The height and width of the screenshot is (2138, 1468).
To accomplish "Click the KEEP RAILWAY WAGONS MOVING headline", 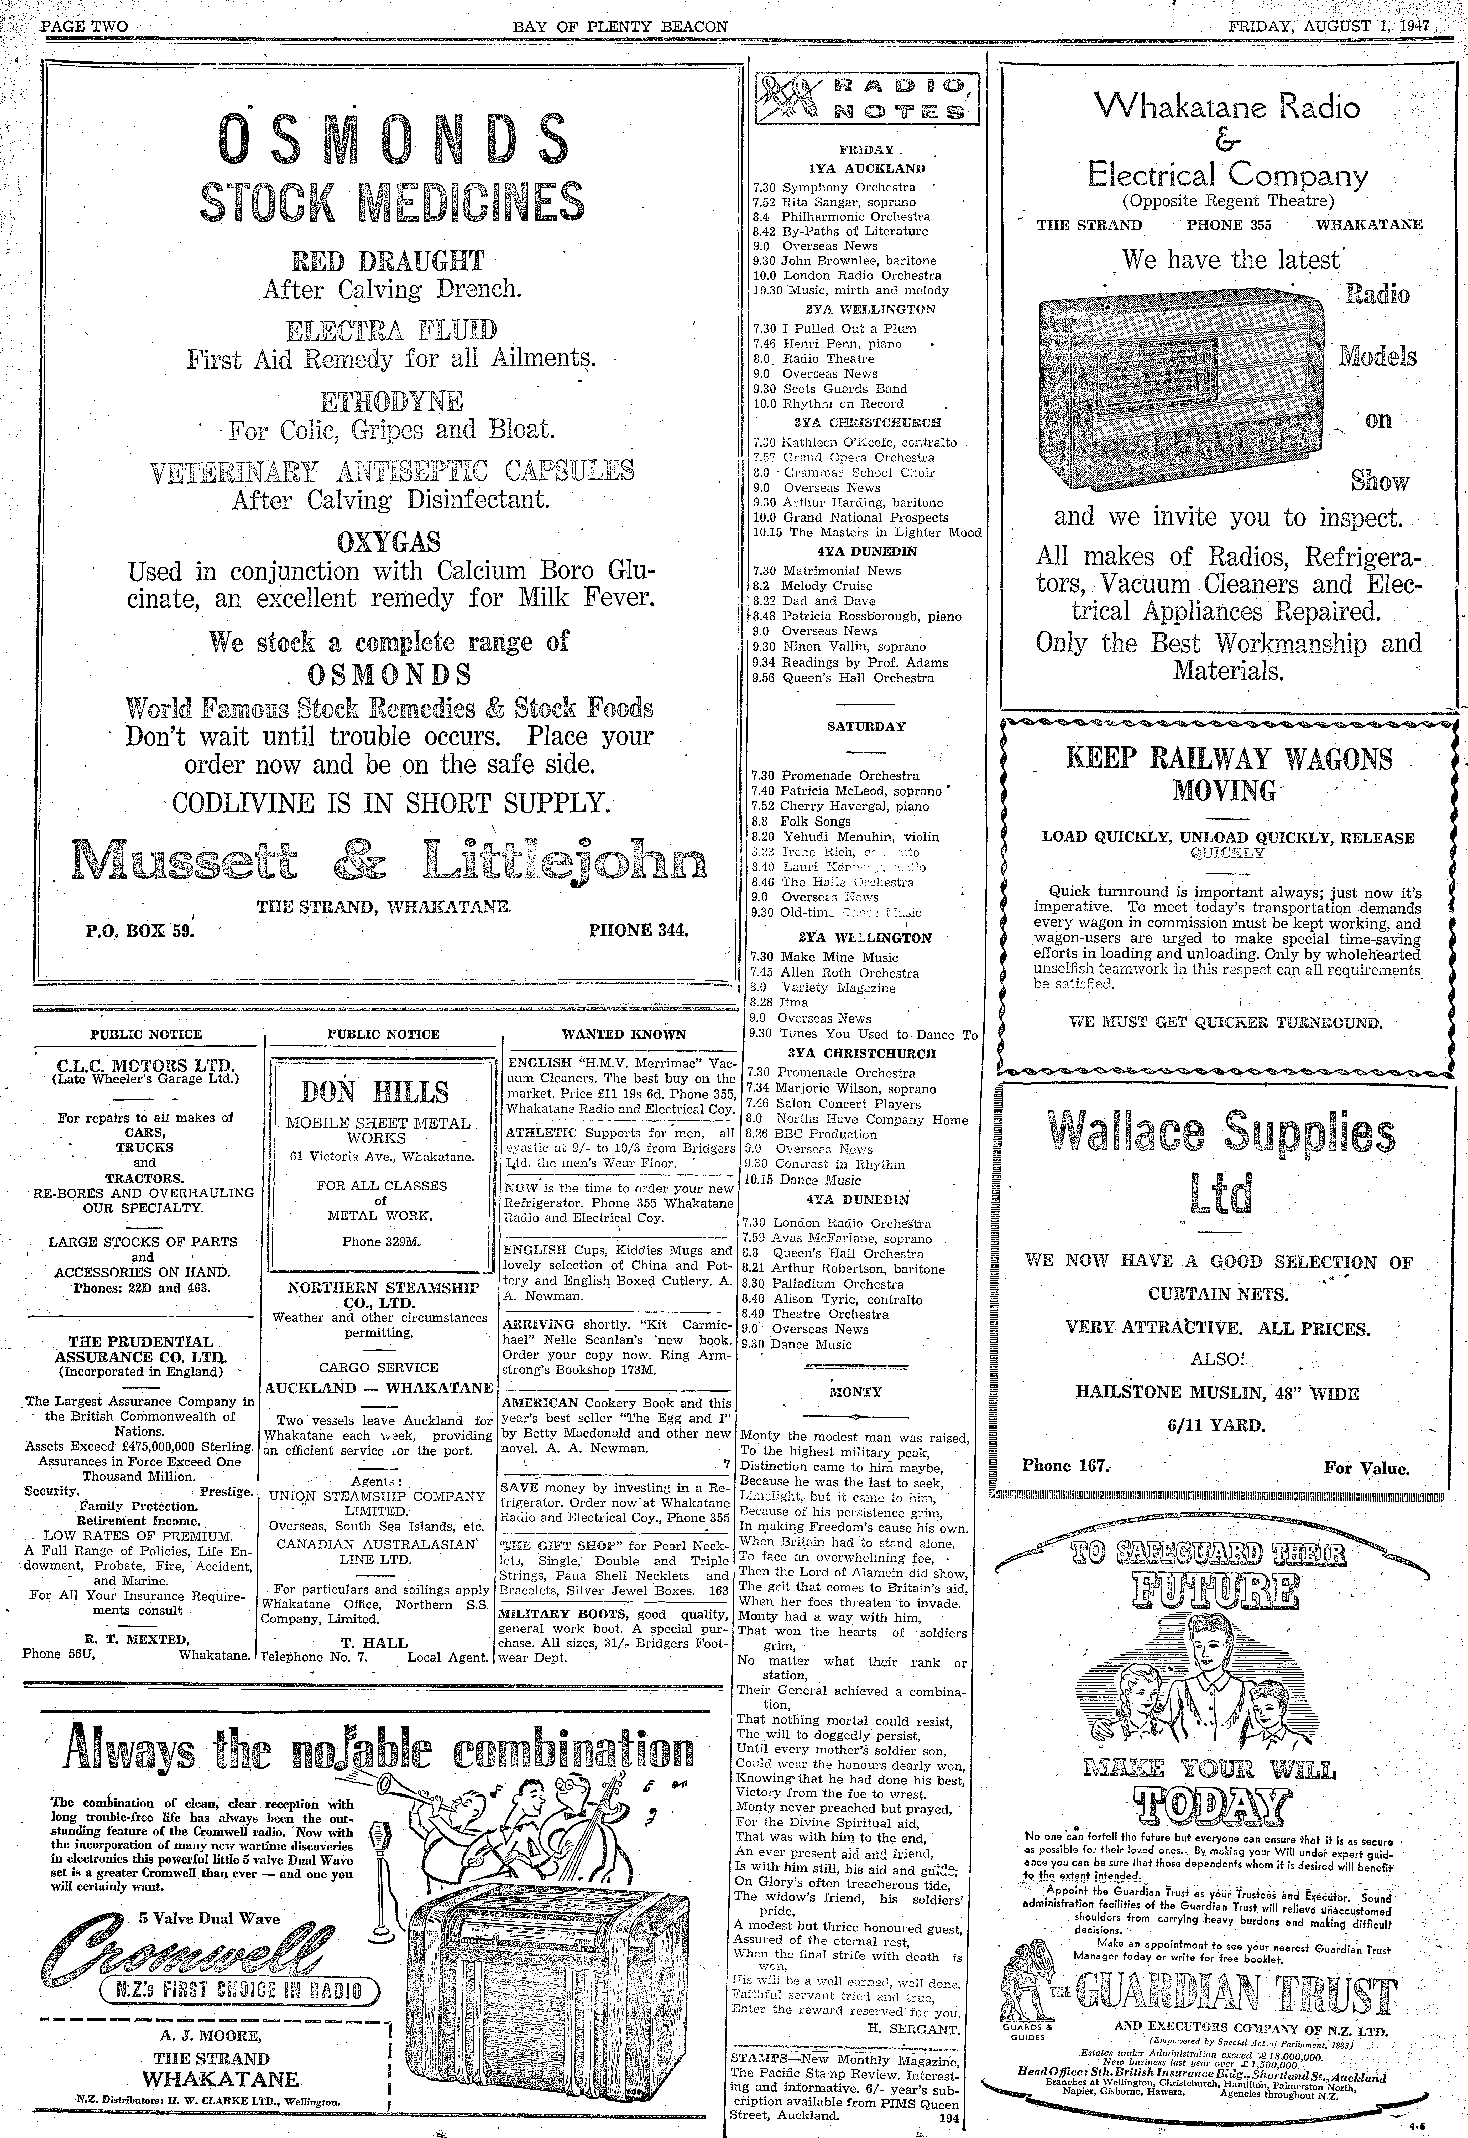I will tap(1229, 774).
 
